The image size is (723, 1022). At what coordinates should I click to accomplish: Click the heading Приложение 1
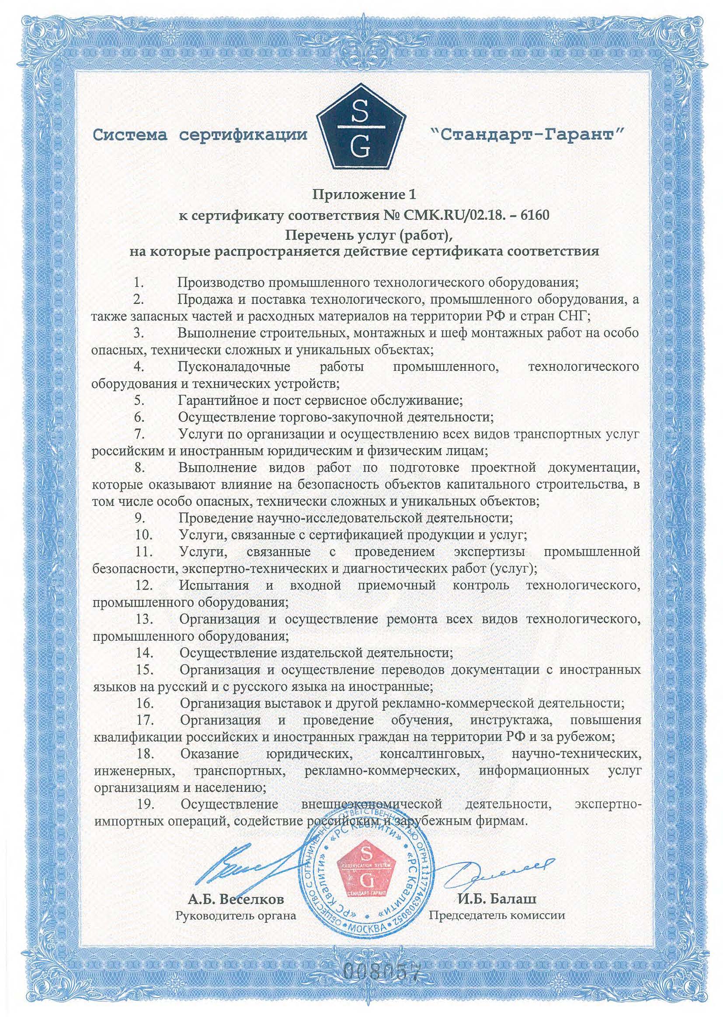(x=361, y=195)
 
